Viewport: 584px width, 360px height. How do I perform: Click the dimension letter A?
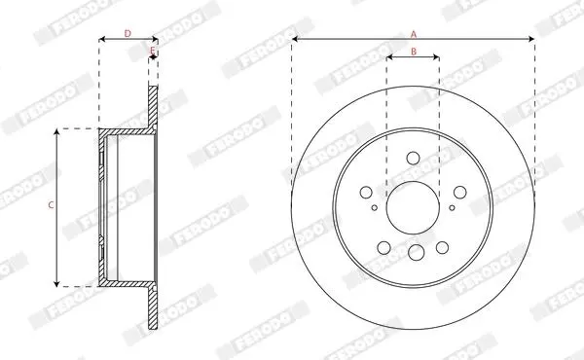(413, 35)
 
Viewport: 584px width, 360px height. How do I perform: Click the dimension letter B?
(414, 52)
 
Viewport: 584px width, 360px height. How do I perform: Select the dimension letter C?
(52, 204)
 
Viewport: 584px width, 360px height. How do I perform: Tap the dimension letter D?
(128, 33)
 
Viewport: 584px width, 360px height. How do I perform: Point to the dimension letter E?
(153, 51)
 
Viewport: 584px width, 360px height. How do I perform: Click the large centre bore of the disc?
(413, 208)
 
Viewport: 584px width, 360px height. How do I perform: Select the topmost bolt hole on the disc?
(413, 158)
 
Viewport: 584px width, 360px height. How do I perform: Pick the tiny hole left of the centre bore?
(375, 208)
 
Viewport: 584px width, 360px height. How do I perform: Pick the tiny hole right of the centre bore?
(452, 208)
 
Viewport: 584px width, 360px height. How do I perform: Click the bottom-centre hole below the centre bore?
(416, 252)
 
